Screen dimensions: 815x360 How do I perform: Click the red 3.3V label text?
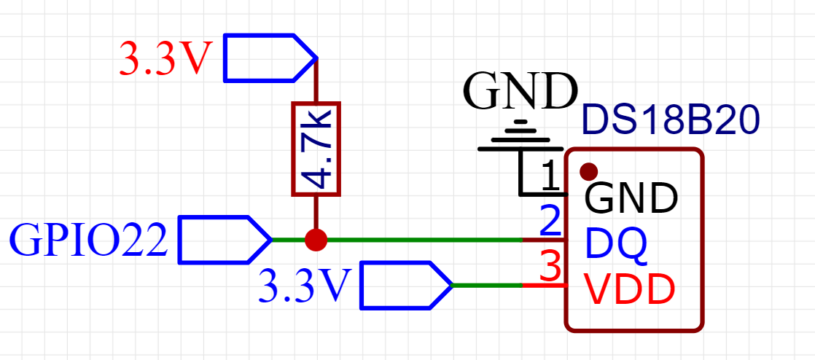point(165,59)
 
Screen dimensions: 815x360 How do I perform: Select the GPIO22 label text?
point(89,240)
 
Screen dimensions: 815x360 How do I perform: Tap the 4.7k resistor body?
point(316,149)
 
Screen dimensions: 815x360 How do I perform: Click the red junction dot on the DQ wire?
point(316,240)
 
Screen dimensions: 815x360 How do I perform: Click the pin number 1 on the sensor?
point(550,176)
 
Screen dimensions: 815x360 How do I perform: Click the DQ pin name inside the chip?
point(617,243)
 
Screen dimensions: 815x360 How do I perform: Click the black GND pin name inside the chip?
point(631,197)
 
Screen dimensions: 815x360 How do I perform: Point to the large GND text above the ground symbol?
point(520,91)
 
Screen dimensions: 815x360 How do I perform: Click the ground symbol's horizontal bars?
point(513,136)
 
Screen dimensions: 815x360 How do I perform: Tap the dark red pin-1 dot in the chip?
point(588,171)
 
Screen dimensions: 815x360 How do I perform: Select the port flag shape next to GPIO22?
point(225,240)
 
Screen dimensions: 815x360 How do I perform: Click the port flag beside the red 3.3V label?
point(270,58)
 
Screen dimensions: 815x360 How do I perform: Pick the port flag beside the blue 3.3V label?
point(406,285)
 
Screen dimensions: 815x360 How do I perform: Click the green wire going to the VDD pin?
point(487,285)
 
